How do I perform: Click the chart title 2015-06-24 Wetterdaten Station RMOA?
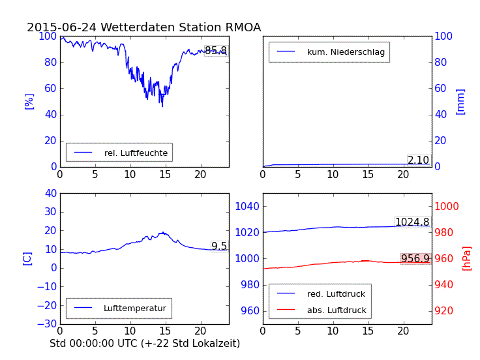coord(143,27)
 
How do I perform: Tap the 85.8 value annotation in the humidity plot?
coord(216,51)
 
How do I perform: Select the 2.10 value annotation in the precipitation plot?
coord(418,160)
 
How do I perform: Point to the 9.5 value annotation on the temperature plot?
coord(219,247)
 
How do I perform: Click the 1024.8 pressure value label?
coord(412,222)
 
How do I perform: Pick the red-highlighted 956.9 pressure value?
coord(415,259)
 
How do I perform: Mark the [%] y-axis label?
coord(29,101)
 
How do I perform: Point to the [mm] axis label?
coord(460,101)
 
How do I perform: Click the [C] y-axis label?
coord(27,258)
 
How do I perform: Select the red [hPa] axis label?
coord(467,258)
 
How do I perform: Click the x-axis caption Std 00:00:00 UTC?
coord(145,343)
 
